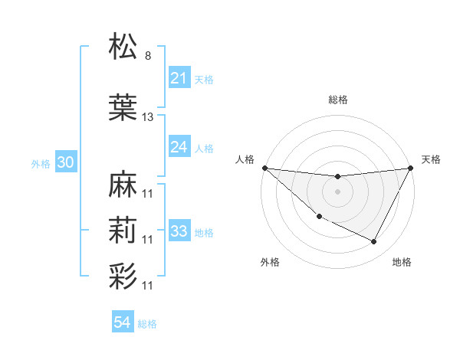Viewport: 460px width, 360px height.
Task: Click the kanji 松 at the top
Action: [123, 47]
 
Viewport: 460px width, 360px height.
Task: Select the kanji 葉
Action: [123, 109]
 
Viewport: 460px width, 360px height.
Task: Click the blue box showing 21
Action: [179, 78]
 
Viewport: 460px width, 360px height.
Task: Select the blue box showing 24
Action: [179, 147]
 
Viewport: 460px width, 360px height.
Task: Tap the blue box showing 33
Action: [179, 231]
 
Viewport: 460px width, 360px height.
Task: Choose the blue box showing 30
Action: [65, 162]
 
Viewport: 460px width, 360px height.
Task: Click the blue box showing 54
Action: [122, 323]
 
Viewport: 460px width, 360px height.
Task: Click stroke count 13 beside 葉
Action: [148, 117]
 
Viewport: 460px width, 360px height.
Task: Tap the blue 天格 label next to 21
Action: [204, 79]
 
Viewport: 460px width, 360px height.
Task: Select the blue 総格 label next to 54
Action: [147, 324]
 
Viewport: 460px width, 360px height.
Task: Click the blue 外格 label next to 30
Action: [41, 163]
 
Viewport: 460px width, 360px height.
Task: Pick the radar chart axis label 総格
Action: [337, 100]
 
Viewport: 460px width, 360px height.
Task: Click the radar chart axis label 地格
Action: [402, 263]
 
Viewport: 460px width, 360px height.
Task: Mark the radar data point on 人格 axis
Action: [264, 168]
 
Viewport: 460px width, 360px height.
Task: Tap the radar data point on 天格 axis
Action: [411, 168]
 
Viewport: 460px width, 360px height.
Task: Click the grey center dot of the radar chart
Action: [337, 191]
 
